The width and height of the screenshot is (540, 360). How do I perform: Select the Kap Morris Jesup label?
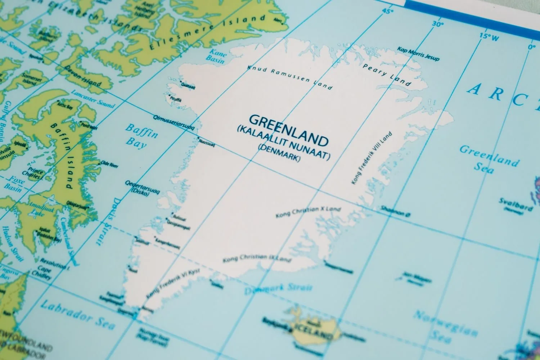click(x=418, y=54)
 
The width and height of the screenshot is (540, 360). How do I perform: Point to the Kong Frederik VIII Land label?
click(x=372, y=158)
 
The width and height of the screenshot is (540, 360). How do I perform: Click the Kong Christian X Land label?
click(x=308, y=212)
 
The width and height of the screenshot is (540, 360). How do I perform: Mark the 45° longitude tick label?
click(x=387, y=11)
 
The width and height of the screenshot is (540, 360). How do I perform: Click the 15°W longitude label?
click(x=489, y=36)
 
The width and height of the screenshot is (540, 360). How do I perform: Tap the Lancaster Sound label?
click(x=93, y=99)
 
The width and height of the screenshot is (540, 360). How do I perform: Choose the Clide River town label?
click(x=110, y=165)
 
